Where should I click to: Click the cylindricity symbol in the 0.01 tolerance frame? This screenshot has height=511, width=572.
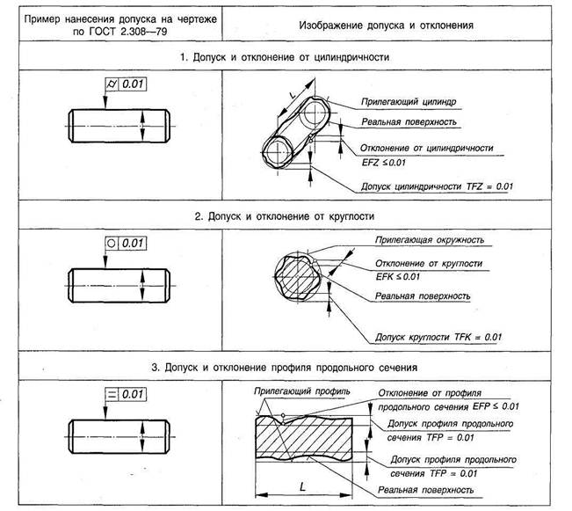coord(111,84)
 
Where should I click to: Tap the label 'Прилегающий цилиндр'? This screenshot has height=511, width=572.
coord(401,103)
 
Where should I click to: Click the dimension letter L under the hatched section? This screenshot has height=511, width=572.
coord(301,485)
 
